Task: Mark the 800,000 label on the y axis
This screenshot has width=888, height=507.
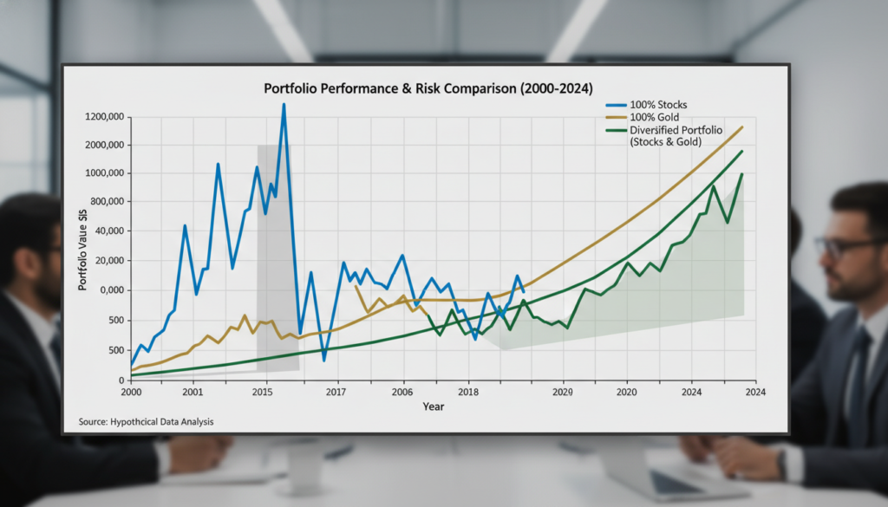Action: (x=107, y=202)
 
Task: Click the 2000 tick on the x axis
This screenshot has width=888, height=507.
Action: (x=132, y=393)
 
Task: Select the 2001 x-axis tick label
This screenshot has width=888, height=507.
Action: (x=193, y=393)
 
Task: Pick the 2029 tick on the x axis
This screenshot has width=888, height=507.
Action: (x=563, y=393)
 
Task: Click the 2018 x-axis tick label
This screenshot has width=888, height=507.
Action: (x=468, y=393)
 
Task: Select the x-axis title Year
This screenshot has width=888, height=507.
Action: (x=434, y=406)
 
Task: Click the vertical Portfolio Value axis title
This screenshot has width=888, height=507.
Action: (x=83, y=248)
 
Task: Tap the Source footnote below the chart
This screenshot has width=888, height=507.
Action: (x=139, y=422)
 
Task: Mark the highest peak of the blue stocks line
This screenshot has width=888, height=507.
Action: (x=284, y=106)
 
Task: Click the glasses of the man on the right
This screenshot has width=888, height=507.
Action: (x=846, y=247)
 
